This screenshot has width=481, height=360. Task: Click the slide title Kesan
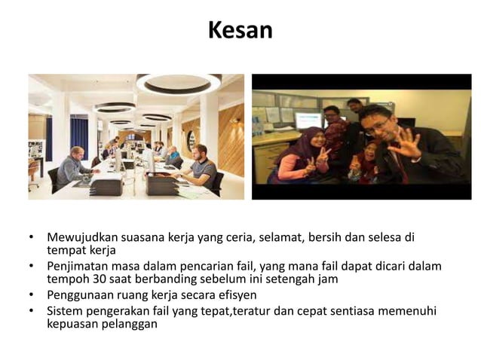(x=240, y=30)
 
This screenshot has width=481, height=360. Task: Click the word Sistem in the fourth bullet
(x=64, y=310)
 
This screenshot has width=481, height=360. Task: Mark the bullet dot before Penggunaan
(x=32, y=294)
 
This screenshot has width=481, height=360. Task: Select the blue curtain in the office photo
(x=78, y=136)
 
